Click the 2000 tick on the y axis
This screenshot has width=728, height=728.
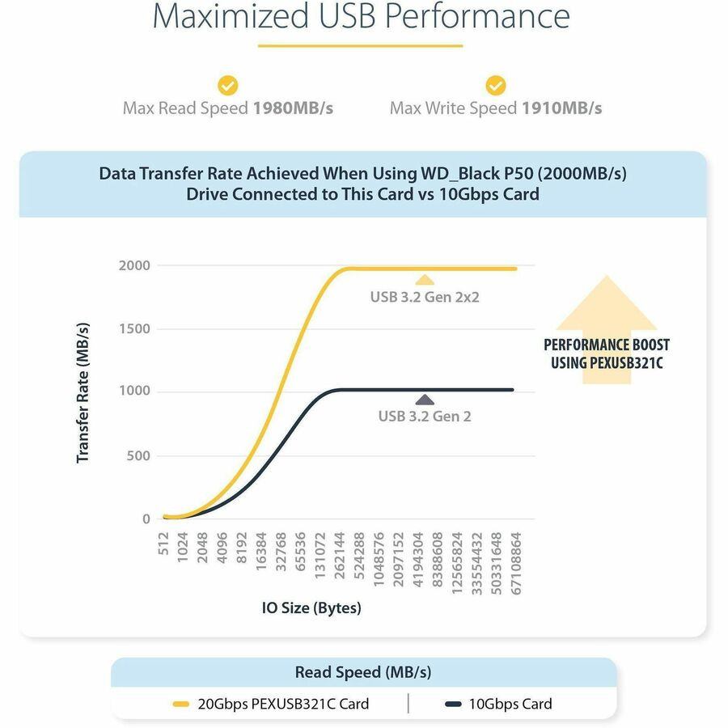pyautogui.click(x=133, y=266)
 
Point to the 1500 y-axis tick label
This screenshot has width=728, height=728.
pyautogui.click(x=133, y=329)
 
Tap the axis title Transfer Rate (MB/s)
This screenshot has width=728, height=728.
pyautogui.click(x=83, y=392)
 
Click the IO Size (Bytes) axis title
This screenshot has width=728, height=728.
pyautogui.click(x=311, y=607)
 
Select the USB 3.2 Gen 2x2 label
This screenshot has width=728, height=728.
pyautogui.click(x=425, y=297)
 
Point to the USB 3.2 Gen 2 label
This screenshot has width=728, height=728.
pyautogui.click(x=425, y=417)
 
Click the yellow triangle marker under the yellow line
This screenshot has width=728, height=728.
pyautogui.click(x=425, y=280)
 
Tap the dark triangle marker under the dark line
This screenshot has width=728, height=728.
pyautogui.click(x=424, y=399)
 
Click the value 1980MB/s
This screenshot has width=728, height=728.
pyautogui.click(x=293, y=108)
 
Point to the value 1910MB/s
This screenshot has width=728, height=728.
pyautogui.click(x=561, y=108)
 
